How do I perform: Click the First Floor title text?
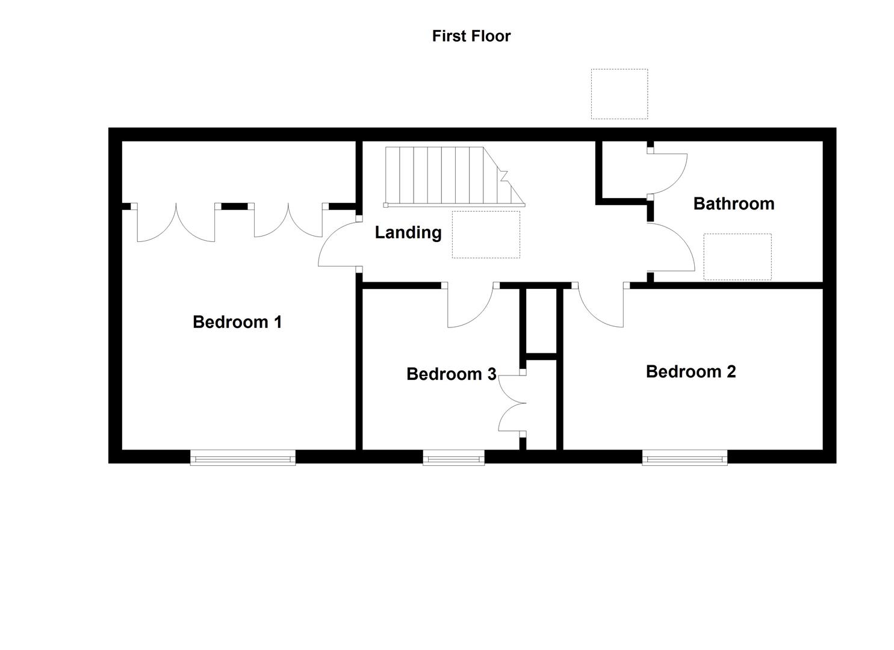471,36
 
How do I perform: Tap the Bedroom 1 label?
237,322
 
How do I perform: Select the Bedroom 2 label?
690,371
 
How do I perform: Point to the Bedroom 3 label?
451,374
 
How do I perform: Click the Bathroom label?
733,203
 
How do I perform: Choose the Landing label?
408,232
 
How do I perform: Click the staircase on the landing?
449,176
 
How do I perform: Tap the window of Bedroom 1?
243,459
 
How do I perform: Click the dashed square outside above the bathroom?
619,94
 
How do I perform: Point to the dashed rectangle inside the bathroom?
737,256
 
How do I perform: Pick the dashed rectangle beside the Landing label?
485,234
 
